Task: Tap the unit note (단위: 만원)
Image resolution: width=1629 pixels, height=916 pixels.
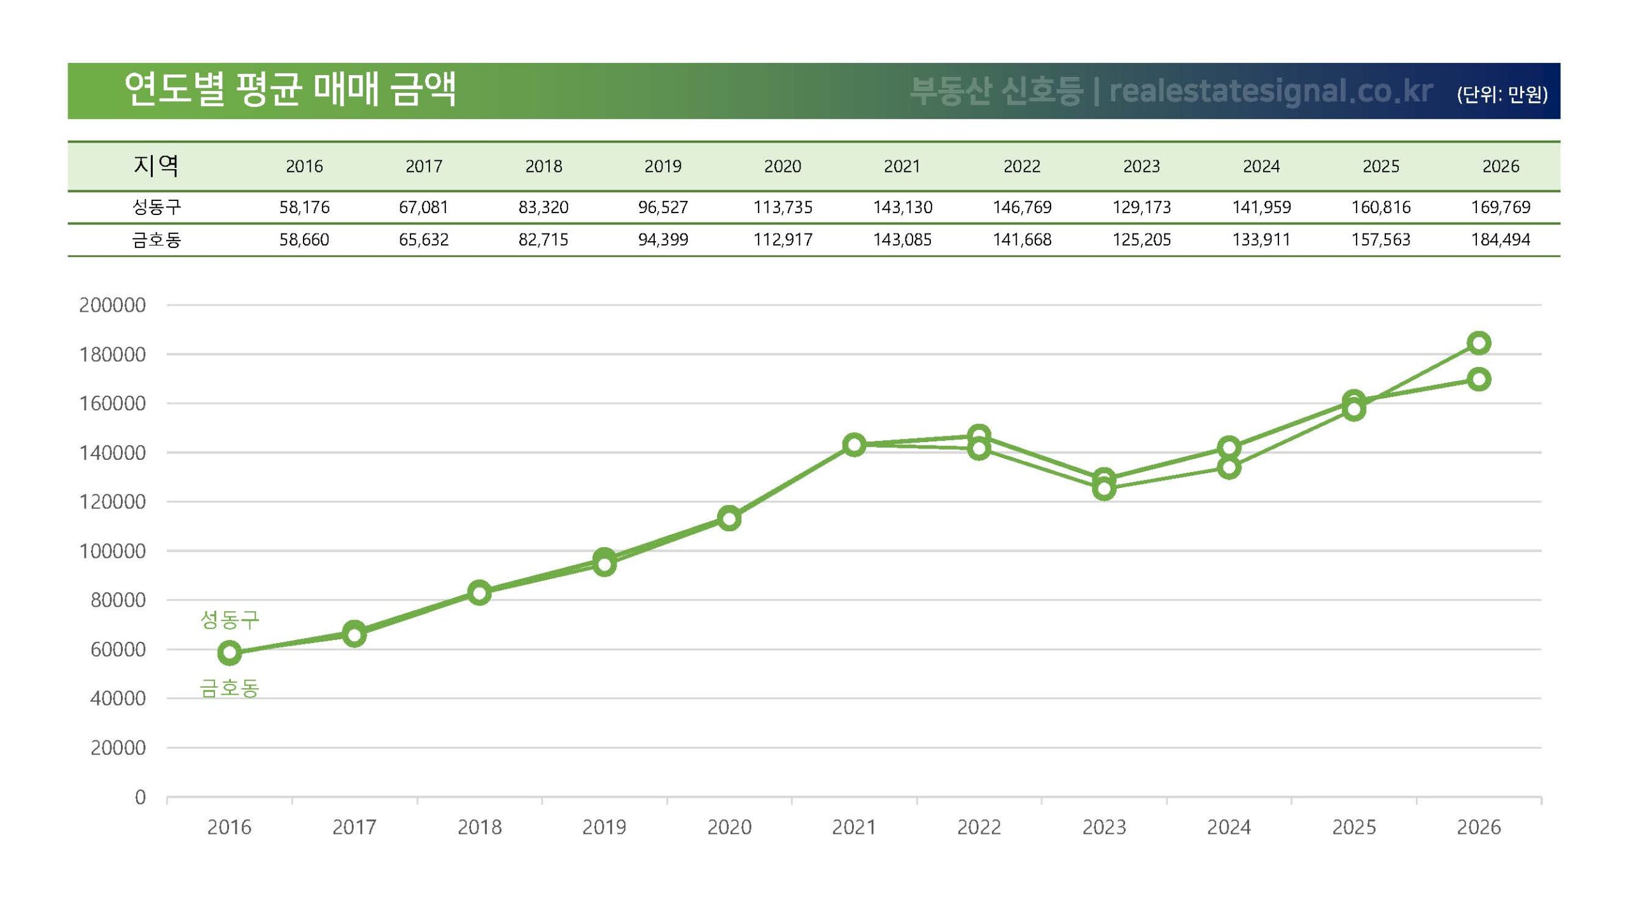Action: (1502, 94)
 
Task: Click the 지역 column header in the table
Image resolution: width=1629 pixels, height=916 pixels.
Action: (155, 165)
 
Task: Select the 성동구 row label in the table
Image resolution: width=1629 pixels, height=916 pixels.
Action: (157, 207)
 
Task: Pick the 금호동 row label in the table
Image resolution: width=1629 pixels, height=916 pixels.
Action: (157, 240)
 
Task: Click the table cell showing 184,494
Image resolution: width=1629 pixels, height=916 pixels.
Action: (1500, 240)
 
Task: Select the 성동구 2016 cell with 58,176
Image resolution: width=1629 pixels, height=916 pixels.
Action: (304, 207)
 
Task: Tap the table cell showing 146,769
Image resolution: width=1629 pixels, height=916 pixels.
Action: (1022, 207)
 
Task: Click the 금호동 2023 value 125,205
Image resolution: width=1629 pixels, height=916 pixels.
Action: (1142, 240)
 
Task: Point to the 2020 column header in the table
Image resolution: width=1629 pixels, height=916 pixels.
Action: (783, 166)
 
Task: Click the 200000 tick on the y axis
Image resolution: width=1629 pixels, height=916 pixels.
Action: (112, 305)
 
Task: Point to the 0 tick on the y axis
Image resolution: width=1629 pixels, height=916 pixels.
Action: (140, 797)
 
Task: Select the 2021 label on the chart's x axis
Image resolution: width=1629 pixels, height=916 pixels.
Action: (854, 827)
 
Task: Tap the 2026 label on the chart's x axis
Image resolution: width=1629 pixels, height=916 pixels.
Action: (1479, 827)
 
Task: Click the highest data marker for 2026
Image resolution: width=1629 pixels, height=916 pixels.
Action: (1479, 343)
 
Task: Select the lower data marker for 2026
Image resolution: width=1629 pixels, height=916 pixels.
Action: (1479, 380)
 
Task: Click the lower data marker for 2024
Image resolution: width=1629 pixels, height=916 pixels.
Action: (1229, 468)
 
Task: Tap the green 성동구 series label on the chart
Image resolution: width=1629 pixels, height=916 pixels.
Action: (230, 619)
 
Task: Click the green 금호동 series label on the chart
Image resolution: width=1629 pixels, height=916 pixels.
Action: (230, 688)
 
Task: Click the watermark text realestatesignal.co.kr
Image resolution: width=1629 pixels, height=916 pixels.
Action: (1270, 91)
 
